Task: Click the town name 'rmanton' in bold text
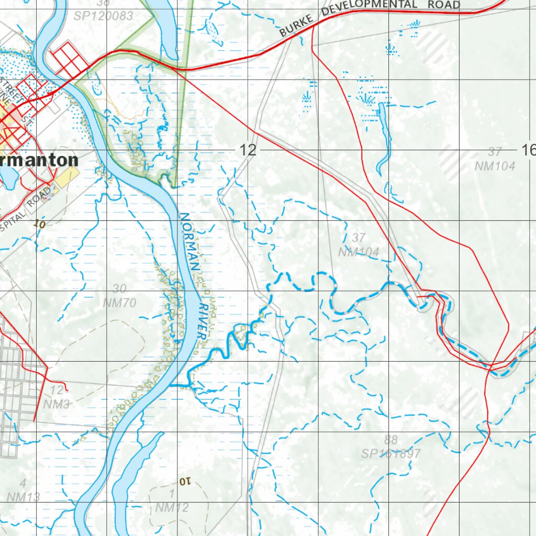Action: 39,160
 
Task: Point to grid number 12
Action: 248,151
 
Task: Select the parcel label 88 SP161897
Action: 390,447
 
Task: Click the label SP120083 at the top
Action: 103,16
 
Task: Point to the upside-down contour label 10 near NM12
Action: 185,481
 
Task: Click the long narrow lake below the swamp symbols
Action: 384,136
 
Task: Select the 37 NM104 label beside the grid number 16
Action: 495,160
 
